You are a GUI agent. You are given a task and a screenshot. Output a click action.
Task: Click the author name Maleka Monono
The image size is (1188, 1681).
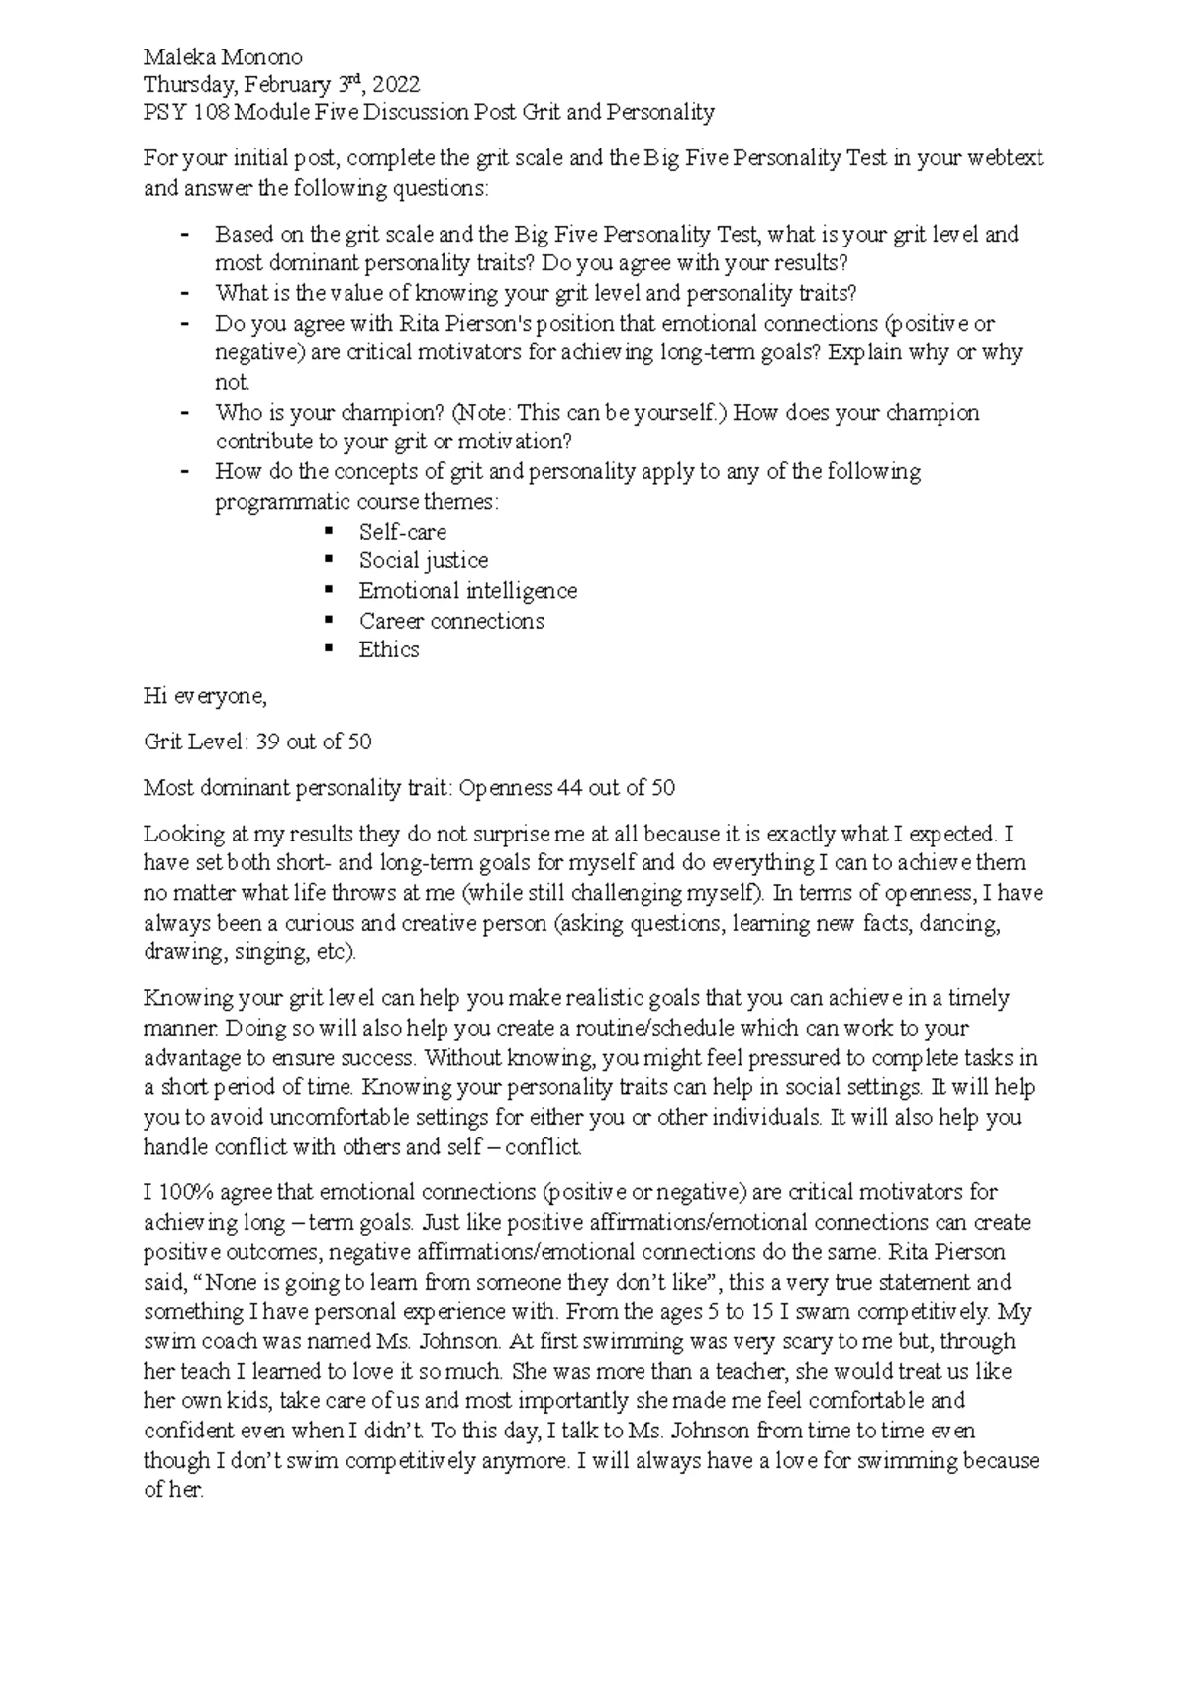pos(223,57)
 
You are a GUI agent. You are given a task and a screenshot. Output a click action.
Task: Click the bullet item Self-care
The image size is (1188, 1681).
pos(402,532)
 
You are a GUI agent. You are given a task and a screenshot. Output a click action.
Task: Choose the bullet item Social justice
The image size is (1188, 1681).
pos(423,561)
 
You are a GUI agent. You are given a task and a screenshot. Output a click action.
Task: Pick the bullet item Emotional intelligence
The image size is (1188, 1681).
pos(467,591)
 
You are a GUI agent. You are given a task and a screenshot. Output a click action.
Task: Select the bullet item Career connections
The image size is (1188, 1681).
pos(450,621)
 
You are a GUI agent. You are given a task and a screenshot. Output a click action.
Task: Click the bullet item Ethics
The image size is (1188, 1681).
pos(388,650)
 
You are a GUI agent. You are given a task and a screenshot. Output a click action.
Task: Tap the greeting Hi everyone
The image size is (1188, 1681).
pos(205,697)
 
